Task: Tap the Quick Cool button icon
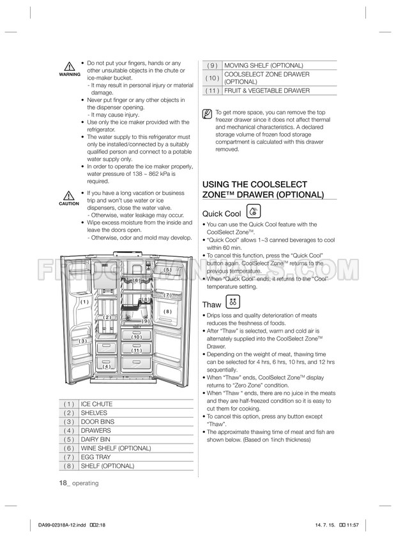[x=254, y=212]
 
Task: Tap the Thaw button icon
[x=232, y=303]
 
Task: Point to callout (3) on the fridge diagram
[x=83, y=341]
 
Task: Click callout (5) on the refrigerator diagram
[x=167, y=270]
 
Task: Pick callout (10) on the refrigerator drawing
[x=136, y=337]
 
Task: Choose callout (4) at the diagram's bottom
[x=107, y=367]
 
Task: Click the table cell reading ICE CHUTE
[x=96, y=404]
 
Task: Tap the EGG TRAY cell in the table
[x=95, y=457]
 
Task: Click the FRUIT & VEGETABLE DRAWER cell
[x=267, y=91]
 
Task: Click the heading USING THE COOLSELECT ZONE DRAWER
[x=263, y=189]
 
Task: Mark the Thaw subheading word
[x=211, y=305]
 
